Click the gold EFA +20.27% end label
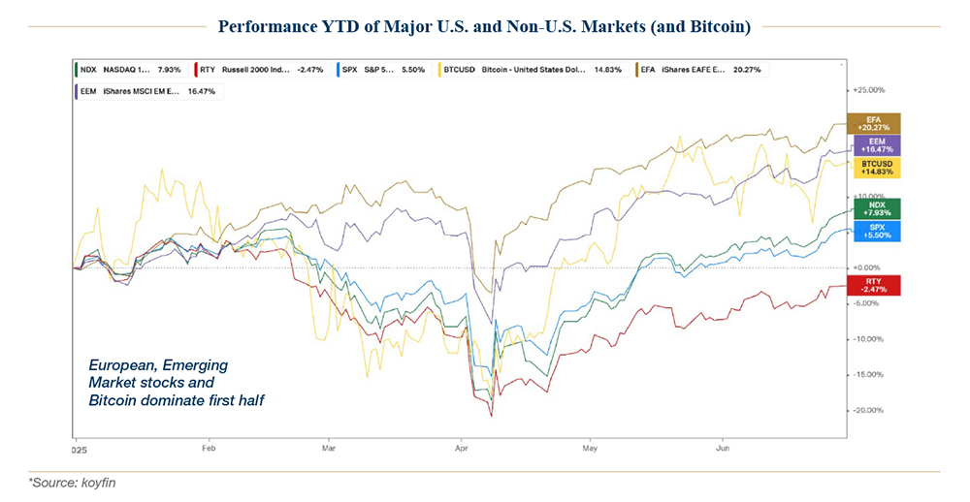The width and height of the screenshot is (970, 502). click(873, 123)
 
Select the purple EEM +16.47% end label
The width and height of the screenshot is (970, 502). click(873, 144)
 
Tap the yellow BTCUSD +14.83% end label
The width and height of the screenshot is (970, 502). click(873, 166)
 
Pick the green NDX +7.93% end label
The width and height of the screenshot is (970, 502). click(873, 209)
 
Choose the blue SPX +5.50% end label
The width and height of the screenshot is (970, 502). click(873, 231)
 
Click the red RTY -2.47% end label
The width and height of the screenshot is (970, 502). click(873, 285)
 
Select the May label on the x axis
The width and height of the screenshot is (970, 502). click(588, 450)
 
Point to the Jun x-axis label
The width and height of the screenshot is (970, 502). click(721, 450)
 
